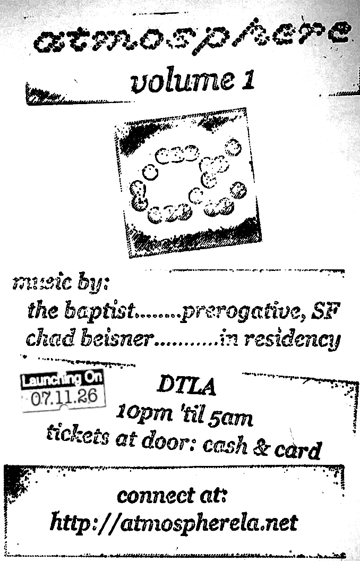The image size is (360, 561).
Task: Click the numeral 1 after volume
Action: [x=248, y=80]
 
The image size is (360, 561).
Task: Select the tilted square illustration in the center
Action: [x=188, y=182]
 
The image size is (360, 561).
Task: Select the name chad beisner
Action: [x=90, y=338]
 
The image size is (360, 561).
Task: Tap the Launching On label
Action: [x=62, y=379]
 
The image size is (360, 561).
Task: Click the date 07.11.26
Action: [x=64, y=398]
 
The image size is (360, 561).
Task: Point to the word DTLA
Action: [x=186, y=386]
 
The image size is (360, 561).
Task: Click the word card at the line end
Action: [x=298, y=450]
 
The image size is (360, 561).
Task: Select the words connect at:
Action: [x=172, y=496]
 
